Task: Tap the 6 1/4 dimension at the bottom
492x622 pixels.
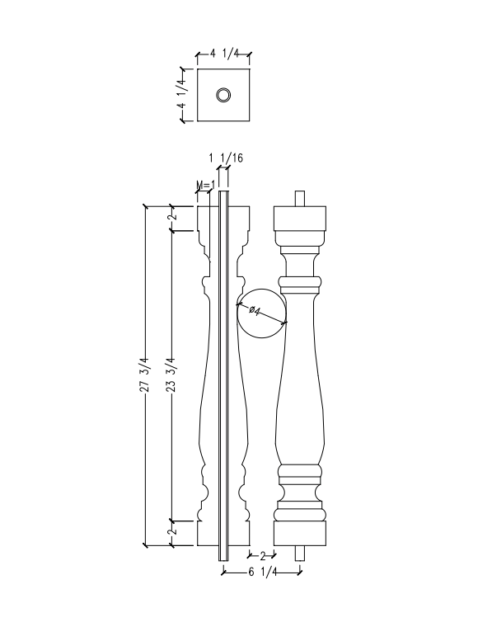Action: (x=263, y=572)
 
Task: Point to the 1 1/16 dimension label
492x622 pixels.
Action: (x=226, y=158)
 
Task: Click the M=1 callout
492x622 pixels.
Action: (x=206, y=185)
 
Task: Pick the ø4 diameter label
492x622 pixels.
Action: (x=255, y=310)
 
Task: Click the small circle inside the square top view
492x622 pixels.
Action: (x=223, y=95)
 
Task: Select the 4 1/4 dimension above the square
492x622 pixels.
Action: (x=224, y=53)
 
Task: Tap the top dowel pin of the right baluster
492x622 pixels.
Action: (x=300, y=199)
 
